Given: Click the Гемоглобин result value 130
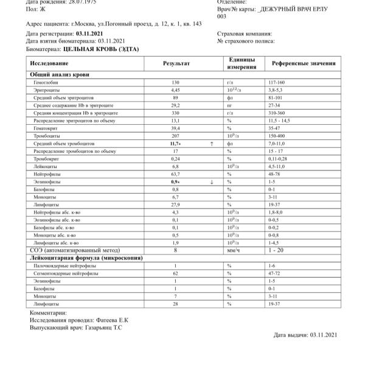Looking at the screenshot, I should [x=175, y=82].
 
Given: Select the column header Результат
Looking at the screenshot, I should [x=176, y=63].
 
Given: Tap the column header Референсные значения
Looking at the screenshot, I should [x=303, y=63].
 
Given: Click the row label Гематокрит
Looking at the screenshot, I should [x=47, y=128].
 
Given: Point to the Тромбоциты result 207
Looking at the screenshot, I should [x=175, y=136].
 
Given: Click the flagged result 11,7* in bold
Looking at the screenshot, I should [x=175, y=143].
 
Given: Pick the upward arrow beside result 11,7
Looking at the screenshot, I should [x=211, y=143].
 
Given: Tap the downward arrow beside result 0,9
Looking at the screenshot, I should [x=211, y=181].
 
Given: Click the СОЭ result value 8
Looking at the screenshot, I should [x=175, y=250].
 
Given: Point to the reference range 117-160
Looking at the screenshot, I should [x=277, y=82].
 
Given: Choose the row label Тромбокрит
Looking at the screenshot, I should [x=46, y=158].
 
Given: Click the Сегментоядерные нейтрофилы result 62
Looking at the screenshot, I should [x=175, y=273].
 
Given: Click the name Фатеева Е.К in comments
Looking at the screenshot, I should [x=109, y=320].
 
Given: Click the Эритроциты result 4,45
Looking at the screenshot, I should [x=175, y=90].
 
